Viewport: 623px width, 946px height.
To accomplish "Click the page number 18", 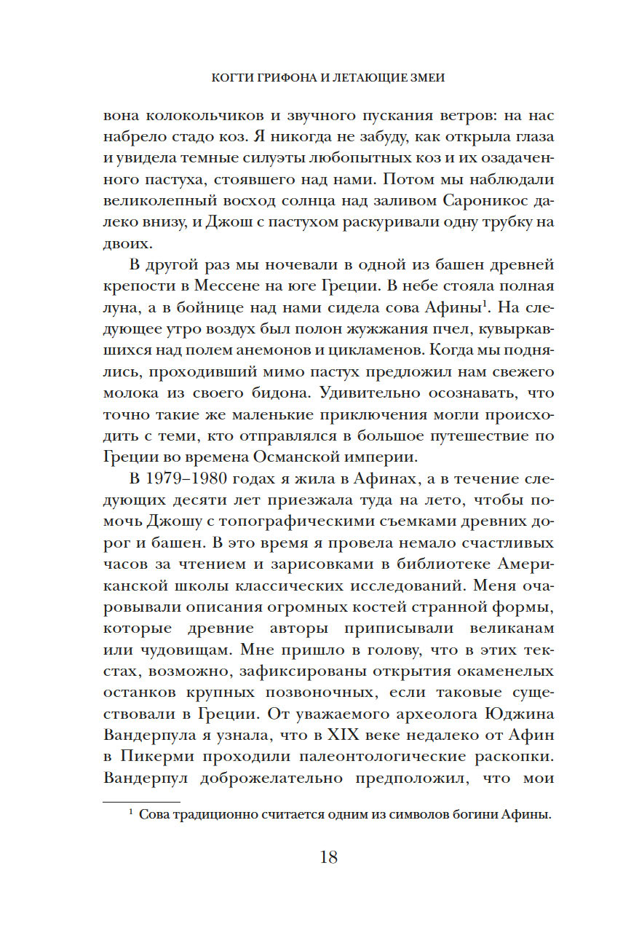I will (328, 857).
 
